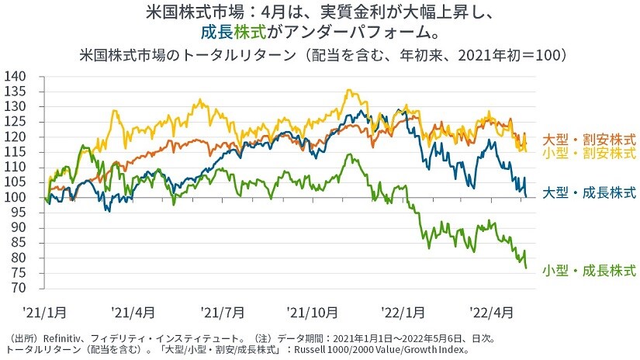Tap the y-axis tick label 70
[18, 288]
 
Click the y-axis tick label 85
[18, 243]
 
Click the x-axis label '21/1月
[45, 312]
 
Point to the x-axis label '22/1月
[403, 312]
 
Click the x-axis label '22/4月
[492, 312]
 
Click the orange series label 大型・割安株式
[589, 140]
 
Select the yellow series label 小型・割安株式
[589, 153]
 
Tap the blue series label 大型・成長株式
[589, 192]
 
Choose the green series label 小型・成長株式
[589, 270]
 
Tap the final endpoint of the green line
[527, 268]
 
